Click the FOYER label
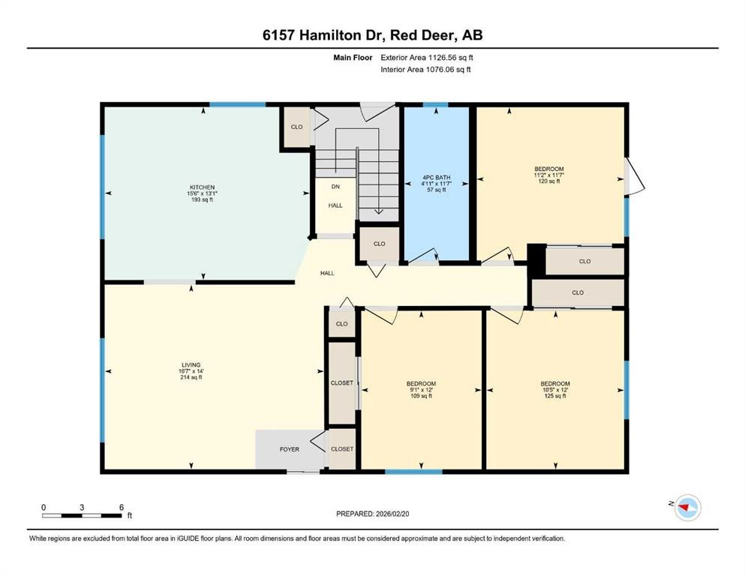[290, 449]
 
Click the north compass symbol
[686, 508]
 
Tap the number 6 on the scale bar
[122, 507]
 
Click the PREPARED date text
[373, 514]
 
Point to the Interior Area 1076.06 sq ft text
[425, 70]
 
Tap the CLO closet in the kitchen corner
[297, 127]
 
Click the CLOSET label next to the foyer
[342, 448]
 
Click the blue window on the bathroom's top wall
[436, 105]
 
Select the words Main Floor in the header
[353, 56]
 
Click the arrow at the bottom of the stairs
[377, 211]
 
